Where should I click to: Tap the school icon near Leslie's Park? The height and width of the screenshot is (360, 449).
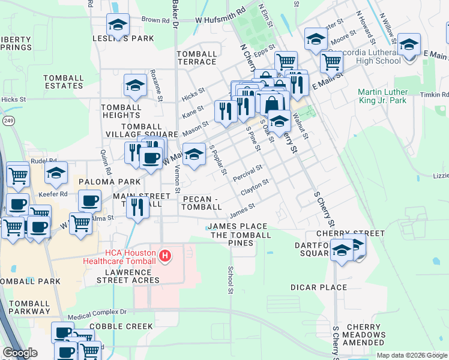pos(118,25)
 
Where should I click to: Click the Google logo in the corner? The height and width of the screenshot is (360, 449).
pos(20,353)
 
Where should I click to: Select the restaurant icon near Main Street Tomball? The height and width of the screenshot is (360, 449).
pos(138,208)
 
